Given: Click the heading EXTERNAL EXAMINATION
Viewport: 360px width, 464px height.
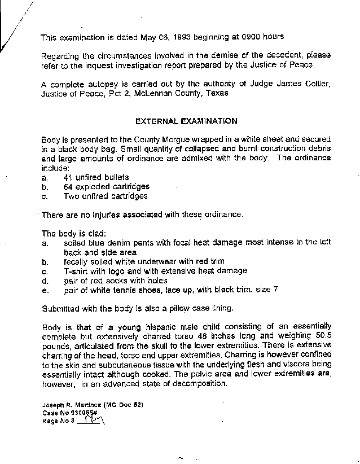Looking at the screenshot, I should [x=186, y=121].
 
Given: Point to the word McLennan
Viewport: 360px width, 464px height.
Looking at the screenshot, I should [x=152, y=93].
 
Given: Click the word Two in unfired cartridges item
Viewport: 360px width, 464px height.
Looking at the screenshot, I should [x=72, y=196].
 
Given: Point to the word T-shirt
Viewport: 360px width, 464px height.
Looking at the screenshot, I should [x=77, y=271].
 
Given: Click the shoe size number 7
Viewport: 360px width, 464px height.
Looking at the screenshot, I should [x=275, y=290].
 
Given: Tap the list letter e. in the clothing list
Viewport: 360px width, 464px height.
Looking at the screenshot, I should [x=45, y=290].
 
